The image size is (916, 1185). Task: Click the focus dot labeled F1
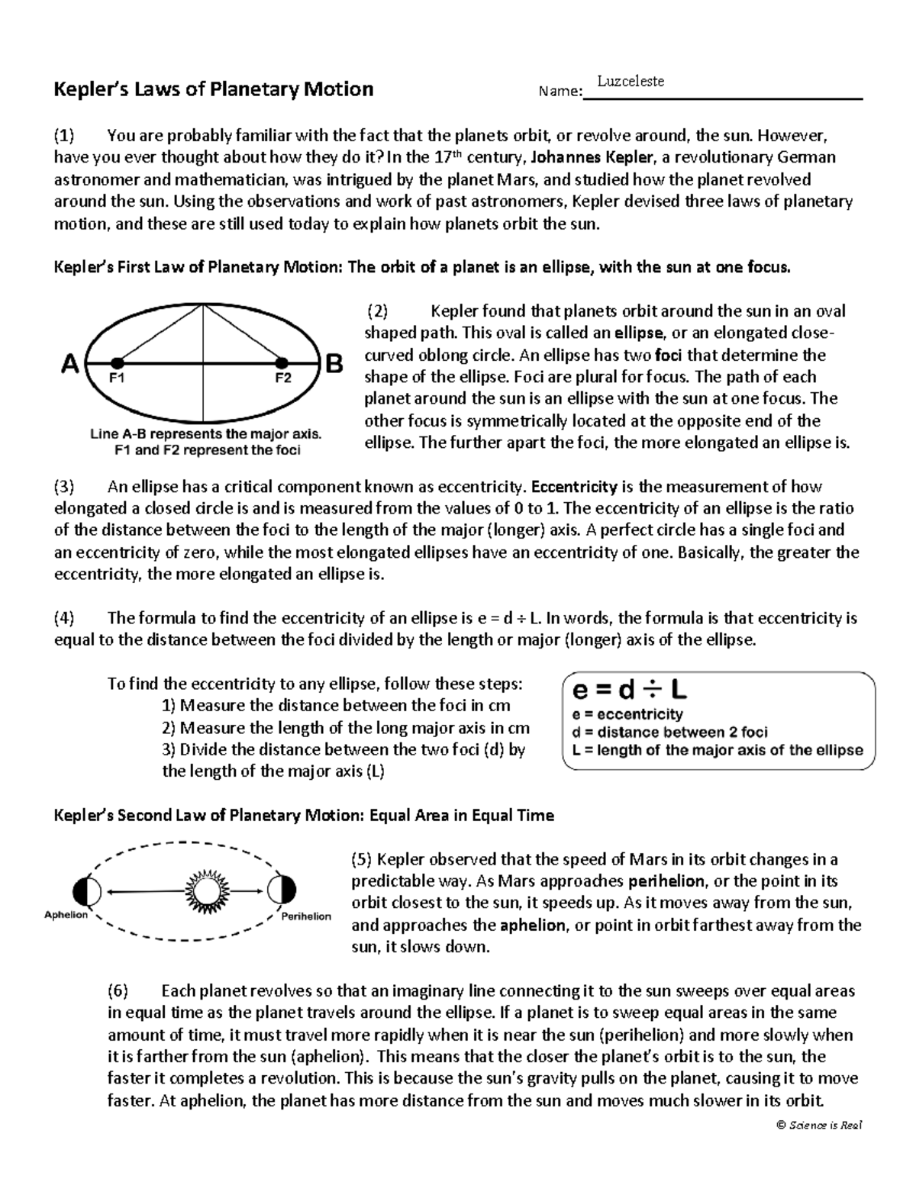(x=116, y=362)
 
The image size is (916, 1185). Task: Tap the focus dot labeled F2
(x=282, y=362)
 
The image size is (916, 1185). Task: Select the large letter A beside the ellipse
(x=69, y=365)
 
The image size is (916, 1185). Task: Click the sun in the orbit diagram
(x=205, y=890)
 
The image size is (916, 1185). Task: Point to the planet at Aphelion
(x=82, y=890)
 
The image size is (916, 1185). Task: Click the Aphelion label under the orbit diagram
(x=66, y=915)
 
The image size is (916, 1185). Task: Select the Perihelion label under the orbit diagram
(x=306, y=916)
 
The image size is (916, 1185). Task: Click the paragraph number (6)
(x=118, y=991)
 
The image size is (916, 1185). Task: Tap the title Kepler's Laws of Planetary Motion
(x=213, y=90)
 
